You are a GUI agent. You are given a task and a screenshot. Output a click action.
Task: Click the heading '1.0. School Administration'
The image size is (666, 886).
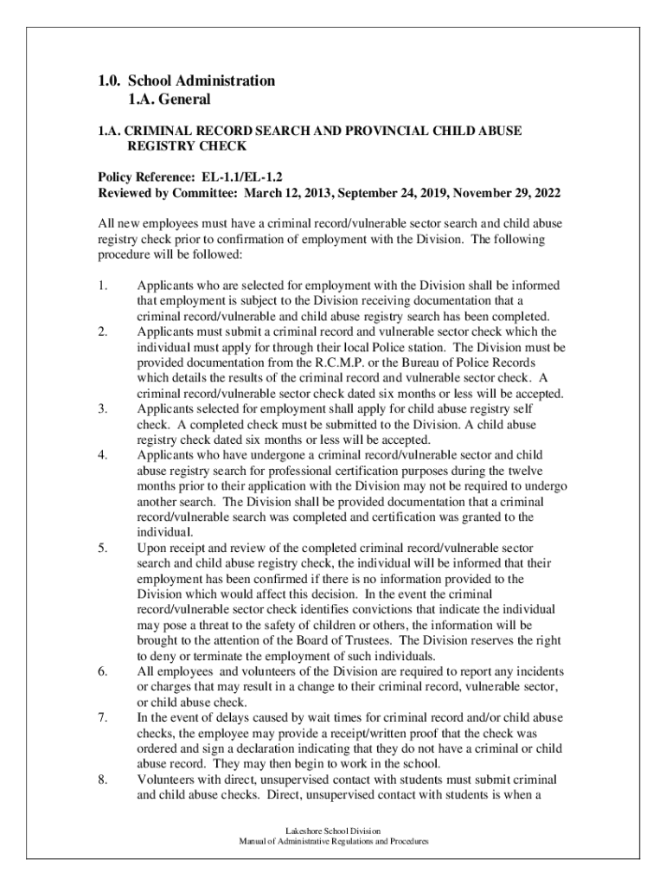186,81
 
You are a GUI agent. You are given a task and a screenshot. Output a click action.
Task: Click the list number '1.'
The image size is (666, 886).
102,286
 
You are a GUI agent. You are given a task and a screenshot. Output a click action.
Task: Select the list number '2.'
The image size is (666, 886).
102,332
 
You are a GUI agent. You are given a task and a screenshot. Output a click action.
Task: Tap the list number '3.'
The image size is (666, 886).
102,408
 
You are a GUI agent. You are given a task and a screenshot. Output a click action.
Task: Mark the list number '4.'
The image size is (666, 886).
102,454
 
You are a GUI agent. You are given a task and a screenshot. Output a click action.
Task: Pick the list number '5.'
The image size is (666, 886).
102,548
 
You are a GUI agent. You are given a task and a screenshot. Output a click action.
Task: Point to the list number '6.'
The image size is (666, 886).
102,672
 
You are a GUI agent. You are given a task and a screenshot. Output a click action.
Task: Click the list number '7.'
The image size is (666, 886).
102,718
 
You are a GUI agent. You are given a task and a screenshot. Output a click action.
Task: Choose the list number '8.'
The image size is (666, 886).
102,780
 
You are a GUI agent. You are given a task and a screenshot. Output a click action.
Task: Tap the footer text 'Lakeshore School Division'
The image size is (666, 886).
333,831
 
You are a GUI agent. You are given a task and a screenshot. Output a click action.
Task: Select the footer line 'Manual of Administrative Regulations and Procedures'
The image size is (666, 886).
333,842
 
